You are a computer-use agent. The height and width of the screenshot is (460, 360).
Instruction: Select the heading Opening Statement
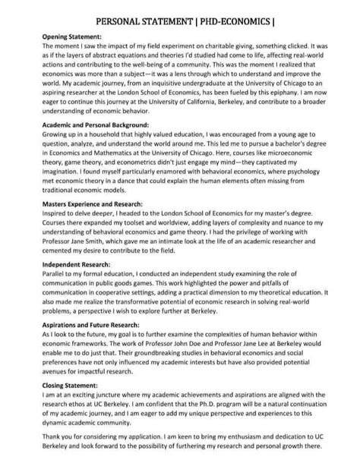point(71,36)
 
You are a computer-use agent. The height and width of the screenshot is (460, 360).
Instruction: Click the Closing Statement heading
point(68,386)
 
